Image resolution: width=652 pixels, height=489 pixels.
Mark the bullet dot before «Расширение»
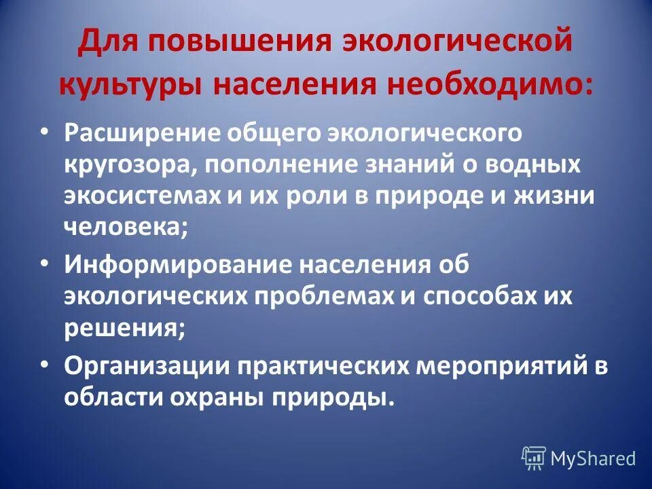pyautogui.click(x=44, y=128)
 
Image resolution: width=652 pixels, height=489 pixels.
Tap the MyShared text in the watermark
pyautogui.click(x=593, y=458)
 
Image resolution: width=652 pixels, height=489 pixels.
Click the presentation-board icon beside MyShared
pyautogui.click(x=534, y=458)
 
